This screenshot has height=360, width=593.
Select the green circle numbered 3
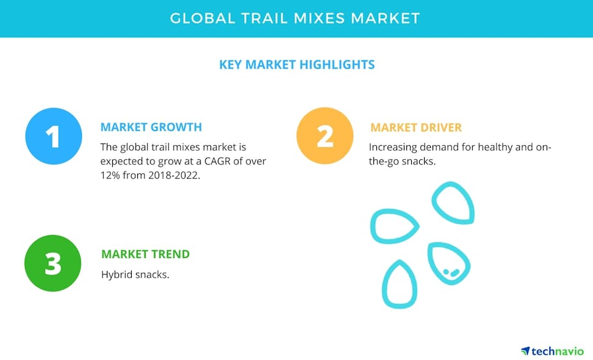53,264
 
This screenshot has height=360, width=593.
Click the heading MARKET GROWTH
151,128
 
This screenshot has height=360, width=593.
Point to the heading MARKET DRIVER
416,128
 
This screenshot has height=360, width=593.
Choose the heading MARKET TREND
145,254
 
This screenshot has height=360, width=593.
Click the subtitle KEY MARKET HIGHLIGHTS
296,64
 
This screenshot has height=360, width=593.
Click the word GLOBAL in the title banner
200,18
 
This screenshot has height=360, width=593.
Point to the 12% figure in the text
112,175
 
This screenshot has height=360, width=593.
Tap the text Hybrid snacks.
135,274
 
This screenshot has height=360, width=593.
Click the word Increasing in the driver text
392,147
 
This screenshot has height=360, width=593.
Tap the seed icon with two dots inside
448,264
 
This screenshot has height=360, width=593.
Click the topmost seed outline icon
453,203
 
